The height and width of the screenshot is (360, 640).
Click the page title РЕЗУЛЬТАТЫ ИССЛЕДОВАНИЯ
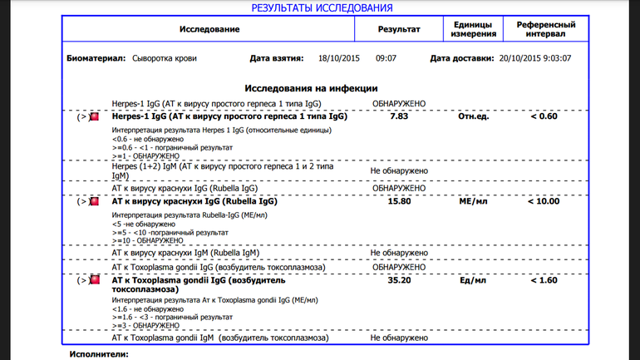322,7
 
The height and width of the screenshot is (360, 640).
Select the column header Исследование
209,29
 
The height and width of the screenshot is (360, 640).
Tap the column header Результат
399,29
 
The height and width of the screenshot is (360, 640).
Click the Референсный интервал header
545,29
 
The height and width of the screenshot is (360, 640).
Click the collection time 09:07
386,59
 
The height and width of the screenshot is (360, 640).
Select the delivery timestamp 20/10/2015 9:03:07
534,59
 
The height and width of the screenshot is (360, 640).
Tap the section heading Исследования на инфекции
311,88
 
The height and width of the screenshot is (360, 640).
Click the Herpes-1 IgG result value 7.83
399,116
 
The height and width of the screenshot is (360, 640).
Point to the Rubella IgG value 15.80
399,201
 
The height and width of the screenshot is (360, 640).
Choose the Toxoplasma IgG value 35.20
399,280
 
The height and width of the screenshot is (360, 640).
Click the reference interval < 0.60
544,116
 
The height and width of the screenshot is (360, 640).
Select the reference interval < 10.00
544,201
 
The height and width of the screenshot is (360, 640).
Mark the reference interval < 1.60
544,280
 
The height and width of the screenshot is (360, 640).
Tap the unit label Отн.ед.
473,116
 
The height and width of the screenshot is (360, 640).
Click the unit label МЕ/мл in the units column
473,201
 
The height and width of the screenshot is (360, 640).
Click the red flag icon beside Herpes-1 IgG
95,117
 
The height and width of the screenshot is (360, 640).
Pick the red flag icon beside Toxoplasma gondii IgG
95,280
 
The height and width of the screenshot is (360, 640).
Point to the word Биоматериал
96,59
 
